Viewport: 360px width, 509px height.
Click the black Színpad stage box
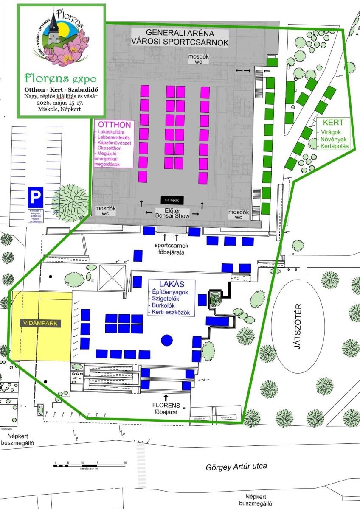173,199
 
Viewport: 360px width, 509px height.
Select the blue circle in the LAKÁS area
167,339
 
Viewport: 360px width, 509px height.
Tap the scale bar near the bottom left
90,465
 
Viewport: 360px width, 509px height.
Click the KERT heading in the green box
333,123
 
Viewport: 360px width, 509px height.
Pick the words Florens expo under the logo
60,78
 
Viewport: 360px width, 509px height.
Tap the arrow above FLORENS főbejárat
166,397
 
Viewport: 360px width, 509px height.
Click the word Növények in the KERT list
334,139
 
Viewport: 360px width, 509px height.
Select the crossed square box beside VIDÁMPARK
112,277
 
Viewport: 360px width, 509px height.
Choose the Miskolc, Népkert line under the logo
60,109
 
